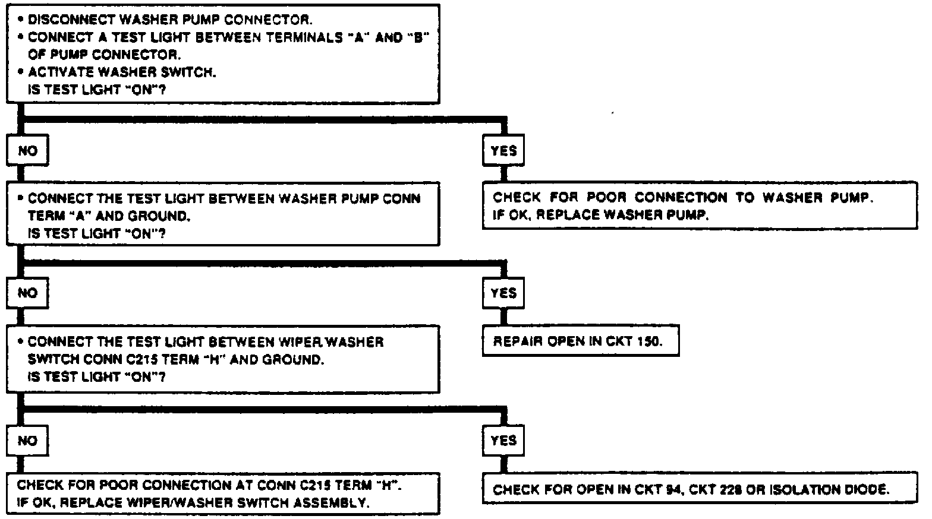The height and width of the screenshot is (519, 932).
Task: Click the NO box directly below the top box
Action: point(27,151)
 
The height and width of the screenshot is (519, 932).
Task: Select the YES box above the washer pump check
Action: point(503,151)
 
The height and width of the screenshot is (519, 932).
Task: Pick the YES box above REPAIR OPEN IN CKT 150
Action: point(503,293)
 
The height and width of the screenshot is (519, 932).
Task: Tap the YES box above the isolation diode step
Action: point(503,440)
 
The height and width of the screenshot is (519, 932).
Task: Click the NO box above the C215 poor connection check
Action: point(27,440)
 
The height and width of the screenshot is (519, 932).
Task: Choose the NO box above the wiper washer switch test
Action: point(27,293)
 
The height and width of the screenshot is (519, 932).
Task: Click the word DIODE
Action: point(866,490)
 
